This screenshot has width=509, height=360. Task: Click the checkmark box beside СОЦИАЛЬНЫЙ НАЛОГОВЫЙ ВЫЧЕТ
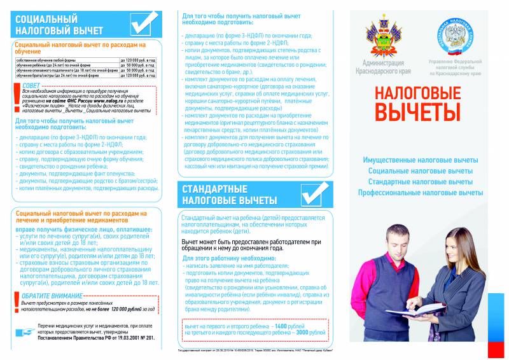point(144,24)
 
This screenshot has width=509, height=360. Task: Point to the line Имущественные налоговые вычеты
point(420,160)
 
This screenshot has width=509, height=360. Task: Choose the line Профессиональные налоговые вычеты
point(420,192)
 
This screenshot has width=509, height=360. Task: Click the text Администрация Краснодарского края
point(383,67)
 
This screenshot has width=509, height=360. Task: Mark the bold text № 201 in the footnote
point(146,338)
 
